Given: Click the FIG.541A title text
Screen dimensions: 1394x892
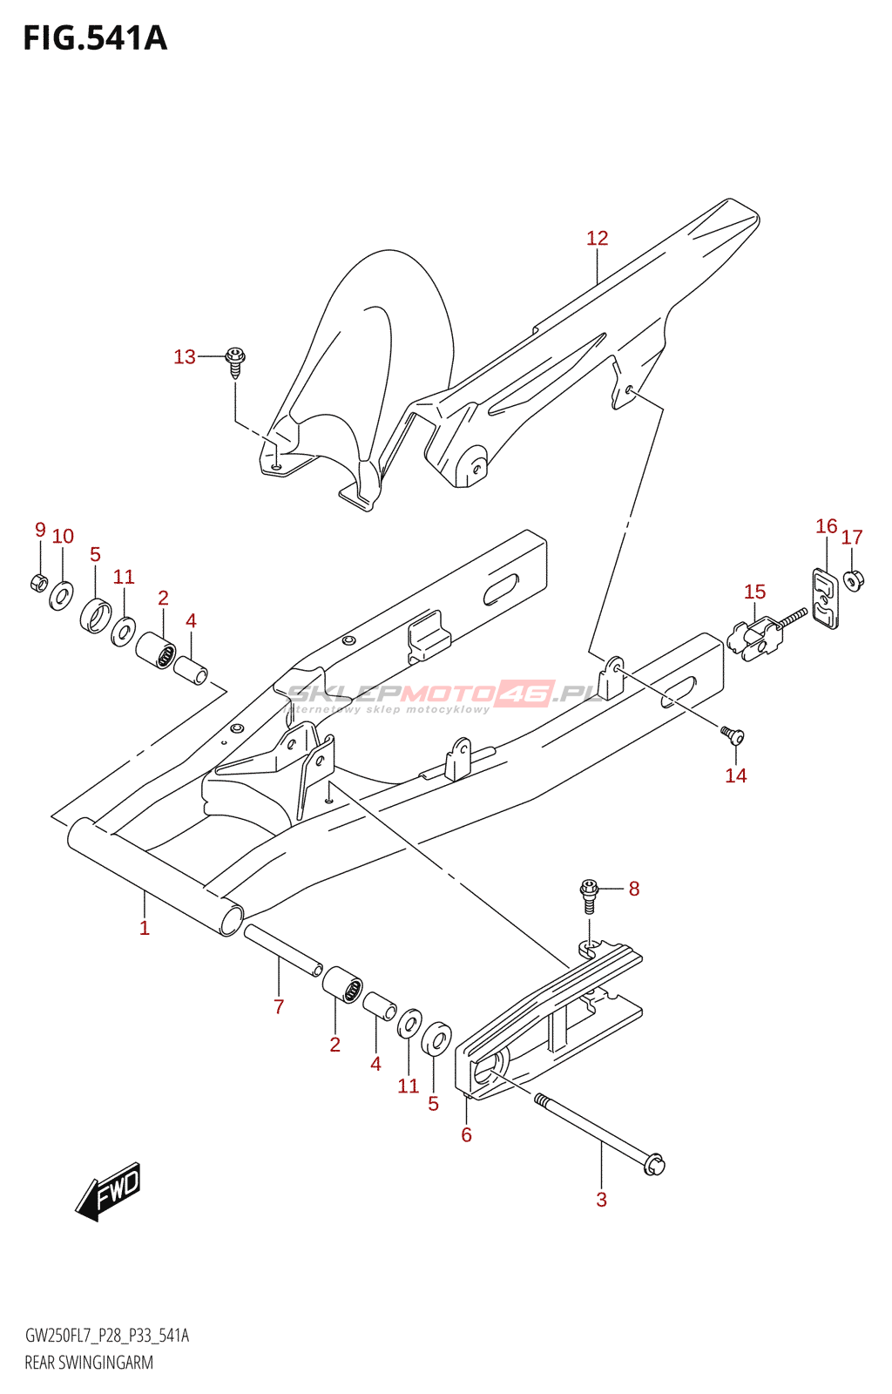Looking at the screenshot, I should [95, 38].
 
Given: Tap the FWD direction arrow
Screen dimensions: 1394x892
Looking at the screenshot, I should [109, 1191].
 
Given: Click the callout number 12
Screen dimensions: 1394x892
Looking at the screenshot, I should [597, 238].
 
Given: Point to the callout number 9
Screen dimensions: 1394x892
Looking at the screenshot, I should [40, 530].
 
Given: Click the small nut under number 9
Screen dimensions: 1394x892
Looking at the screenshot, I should [38, 582].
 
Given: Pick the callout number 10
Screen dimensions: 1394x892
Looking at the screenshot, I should [63, 537].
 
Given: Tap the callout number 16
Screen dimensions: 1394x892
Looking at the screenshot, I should [826, 526].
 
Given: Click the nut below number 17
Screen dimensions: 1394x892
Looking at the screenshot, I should [854, 579].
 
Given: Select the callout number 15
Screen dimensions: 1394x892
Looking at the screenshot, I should [754, 592].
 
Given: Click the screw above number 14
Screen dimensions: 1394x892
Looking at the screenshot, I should [733, 737].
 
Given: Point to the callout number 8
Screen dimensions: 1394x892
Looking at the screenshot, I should [634, 889].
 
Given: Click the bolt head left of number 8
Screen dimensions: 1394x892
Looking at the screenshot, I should [590, 890].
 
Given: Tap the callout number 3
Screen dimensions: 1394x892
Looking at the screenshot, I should [601, 1200].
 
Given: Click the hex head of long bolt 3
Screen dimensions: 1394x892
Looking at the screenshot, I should [654, 1164].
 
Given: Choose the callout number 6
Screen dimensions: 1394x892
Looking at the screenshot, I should [466, 1135].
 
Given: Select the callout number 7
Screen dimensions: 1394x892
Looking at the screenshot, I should [279, 1007].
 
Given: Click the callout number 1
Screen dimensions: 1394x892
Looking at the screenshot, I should [145, 929].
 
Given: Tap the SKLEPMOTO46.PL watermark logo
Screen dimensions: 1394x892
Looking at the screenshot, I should [444, 694].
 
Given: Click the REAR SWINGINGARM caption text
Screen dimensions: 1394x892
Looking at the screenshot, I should [89, 1363].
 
